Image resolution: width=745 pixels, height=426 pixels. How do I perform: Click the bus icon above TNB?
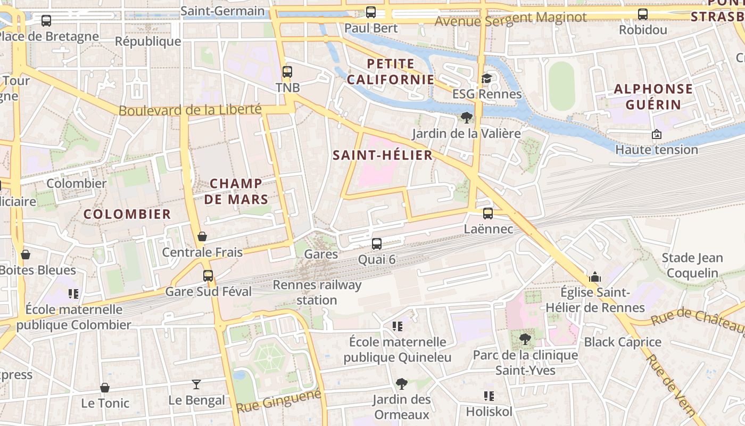point(287,71)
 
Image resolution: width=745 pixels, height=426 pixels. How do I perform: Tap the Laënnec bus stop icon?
point(487,214)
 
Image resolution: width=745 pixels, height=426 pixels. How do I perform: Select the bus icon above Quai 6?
point(377,244)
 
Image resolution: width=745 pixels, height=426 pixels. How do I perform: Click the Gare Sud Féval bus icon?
point(208,275)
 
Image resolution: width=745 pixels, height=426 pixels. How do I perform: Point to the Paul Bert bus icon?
point(371,12)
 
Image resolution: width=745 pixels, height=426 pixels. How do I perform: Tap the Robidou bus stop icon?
point(643,14)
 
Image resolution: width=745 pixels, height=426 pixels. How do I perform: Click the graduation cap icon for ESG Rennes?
point(486,79)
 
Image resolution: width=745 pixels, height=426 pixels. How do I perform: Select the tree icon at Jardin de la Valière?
point(467,117)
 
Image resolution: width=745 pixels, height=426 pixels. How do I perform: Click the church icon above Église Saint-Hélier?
point(594,277)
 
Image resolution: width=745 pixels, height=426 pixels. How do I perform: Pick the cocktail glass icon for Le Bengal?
point(196,384)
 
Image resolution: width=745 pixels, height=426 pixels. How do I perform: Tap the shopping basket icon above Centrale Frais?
point(202,236)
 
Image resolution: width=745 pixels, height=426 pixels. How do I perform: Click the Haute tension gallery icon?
point(656,134)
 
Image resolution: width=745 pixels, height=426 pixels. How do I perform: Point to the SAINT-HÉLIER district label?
point(383,155)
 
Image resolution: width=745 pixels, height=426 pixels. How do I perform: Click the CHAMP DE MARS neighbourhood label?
point(236,191)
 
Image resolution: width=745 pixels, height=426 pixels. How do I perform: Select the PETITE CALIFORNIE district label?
point(390,71)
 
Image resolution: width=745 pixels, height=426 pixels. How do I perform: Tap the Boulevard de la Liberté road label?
point(190,110)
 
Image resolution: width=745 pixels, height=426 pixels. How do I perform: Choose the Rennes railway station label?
point(317,292)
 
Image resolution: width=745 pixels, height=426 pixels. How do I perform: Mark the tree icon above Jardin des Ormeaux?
point(401,383)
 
